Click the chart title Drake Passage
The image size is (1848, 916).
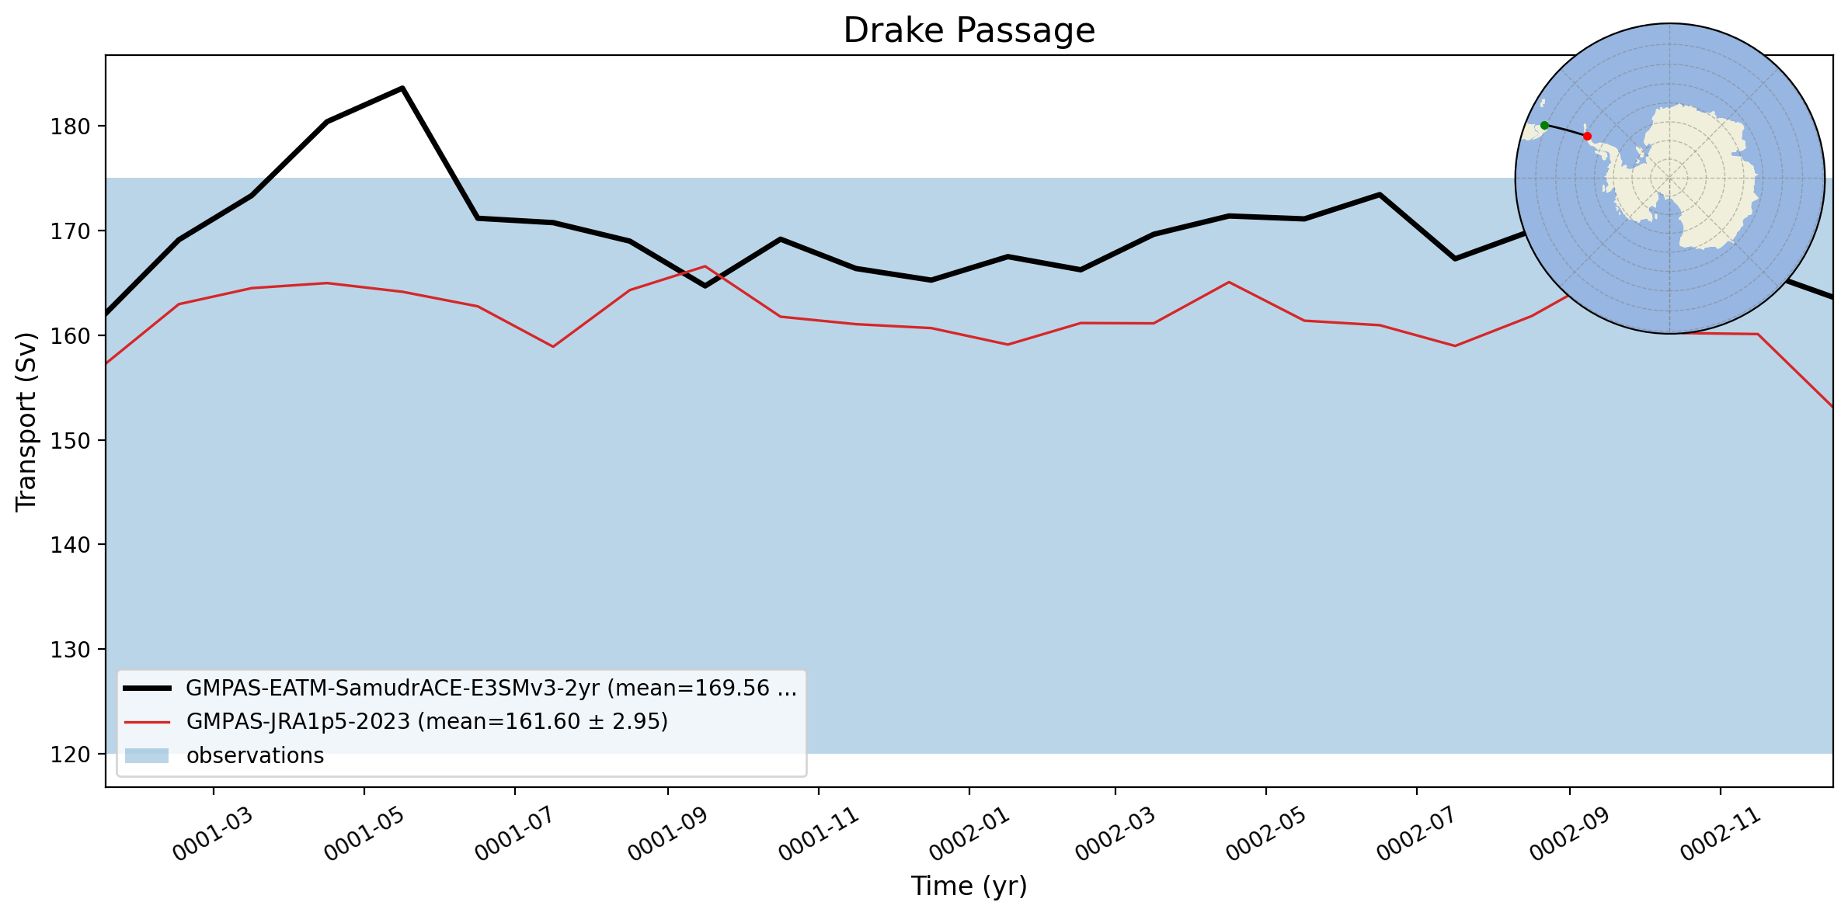click(x=969, y=30)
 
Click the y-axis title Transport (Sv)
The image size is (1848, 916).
click(x=26, y=422)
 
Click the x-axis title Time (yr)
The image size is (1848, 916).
click(x=969, y=886)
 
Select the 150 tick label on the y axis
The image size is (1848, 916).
click(x=70, y=440)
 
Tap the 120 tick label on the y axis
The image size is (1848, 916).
click(x=70, y=754)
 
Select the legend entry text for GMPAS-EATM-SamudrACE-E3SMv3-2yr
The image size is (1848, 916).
click(x=492, y=689)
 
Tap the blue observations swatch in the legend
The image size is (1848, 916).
click(x=147, y=755)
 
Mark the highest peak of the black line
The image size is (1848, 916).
click(x=402, y=88)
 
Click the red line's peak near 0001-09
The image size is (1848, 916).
click(x=705, y=266)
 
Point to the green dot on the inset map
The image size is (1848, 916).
click(x=1544, y=125)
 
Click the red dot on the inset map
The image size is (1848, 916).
click(x=1587, y=137)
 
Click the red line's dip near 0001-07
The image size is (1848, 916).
click(x=553, y=346)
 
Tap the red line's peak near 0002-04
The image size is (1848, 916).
click(x=1228, y=282)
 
